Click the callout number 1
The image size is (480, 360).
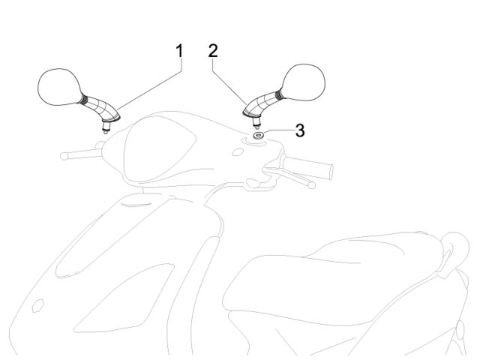tap(180, 51)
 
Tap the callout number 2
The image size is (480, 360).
tap(213, 51)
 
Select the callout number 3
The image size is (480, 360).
tap(300, 130)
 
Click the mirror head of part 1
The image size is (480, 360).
tap(60, 87)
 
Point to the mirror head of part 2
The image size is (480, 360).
tap(303, 82)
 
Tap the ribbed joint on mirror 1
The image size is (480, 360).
tap(84, 100)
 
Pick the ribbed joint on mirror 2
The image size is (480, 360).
tap(278, 94)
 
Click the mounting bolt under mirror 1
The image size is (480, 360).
tap(106, 127)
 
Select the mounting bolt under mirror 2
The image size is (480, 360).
tap(256, 121)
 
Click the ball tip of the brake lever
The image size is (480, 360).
tap(312, 185)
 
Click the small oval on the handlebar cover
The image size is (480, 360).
tap(238, 151)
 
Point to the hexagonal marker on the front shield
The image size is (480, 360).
tap(38, 305)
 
